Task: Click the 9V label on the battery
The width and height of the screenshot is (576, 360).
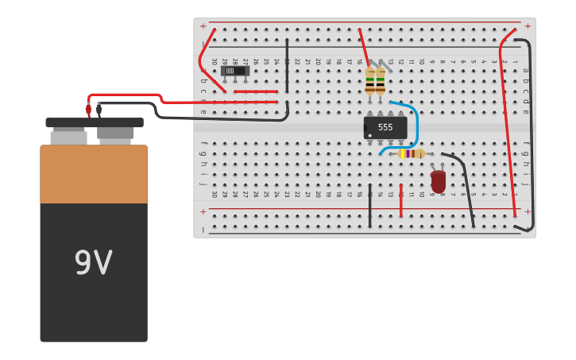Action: coord(93,263)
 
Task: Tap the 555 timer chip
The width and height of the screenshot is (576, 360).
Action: coord(385,127)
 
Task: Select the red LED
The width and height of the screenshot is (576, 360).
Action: coord(438,181)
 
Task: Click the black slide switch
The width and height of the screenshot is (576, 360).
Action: coord(234,71)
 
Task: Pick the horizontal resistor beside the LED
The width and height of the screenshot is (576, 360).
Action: coord(411,153)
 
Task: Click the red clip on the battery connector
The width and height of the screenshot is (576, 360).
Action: coord(88,111)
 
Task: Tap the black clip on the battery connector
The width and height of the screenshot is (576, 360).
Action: coord(99,111)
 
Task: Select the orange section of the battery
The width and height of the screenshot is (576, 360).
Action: coord(94,174)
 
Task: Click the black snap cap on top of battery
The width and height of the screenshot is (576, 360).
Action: coord(94,122)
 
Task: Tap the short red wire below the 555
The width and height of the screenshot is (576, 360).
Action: coord(401,203)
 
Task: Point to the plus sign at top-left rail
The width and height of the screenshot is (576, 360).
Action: coord(203,26)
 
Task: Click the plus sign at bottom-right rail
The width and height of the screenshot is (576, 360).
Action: coord(527,211)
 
